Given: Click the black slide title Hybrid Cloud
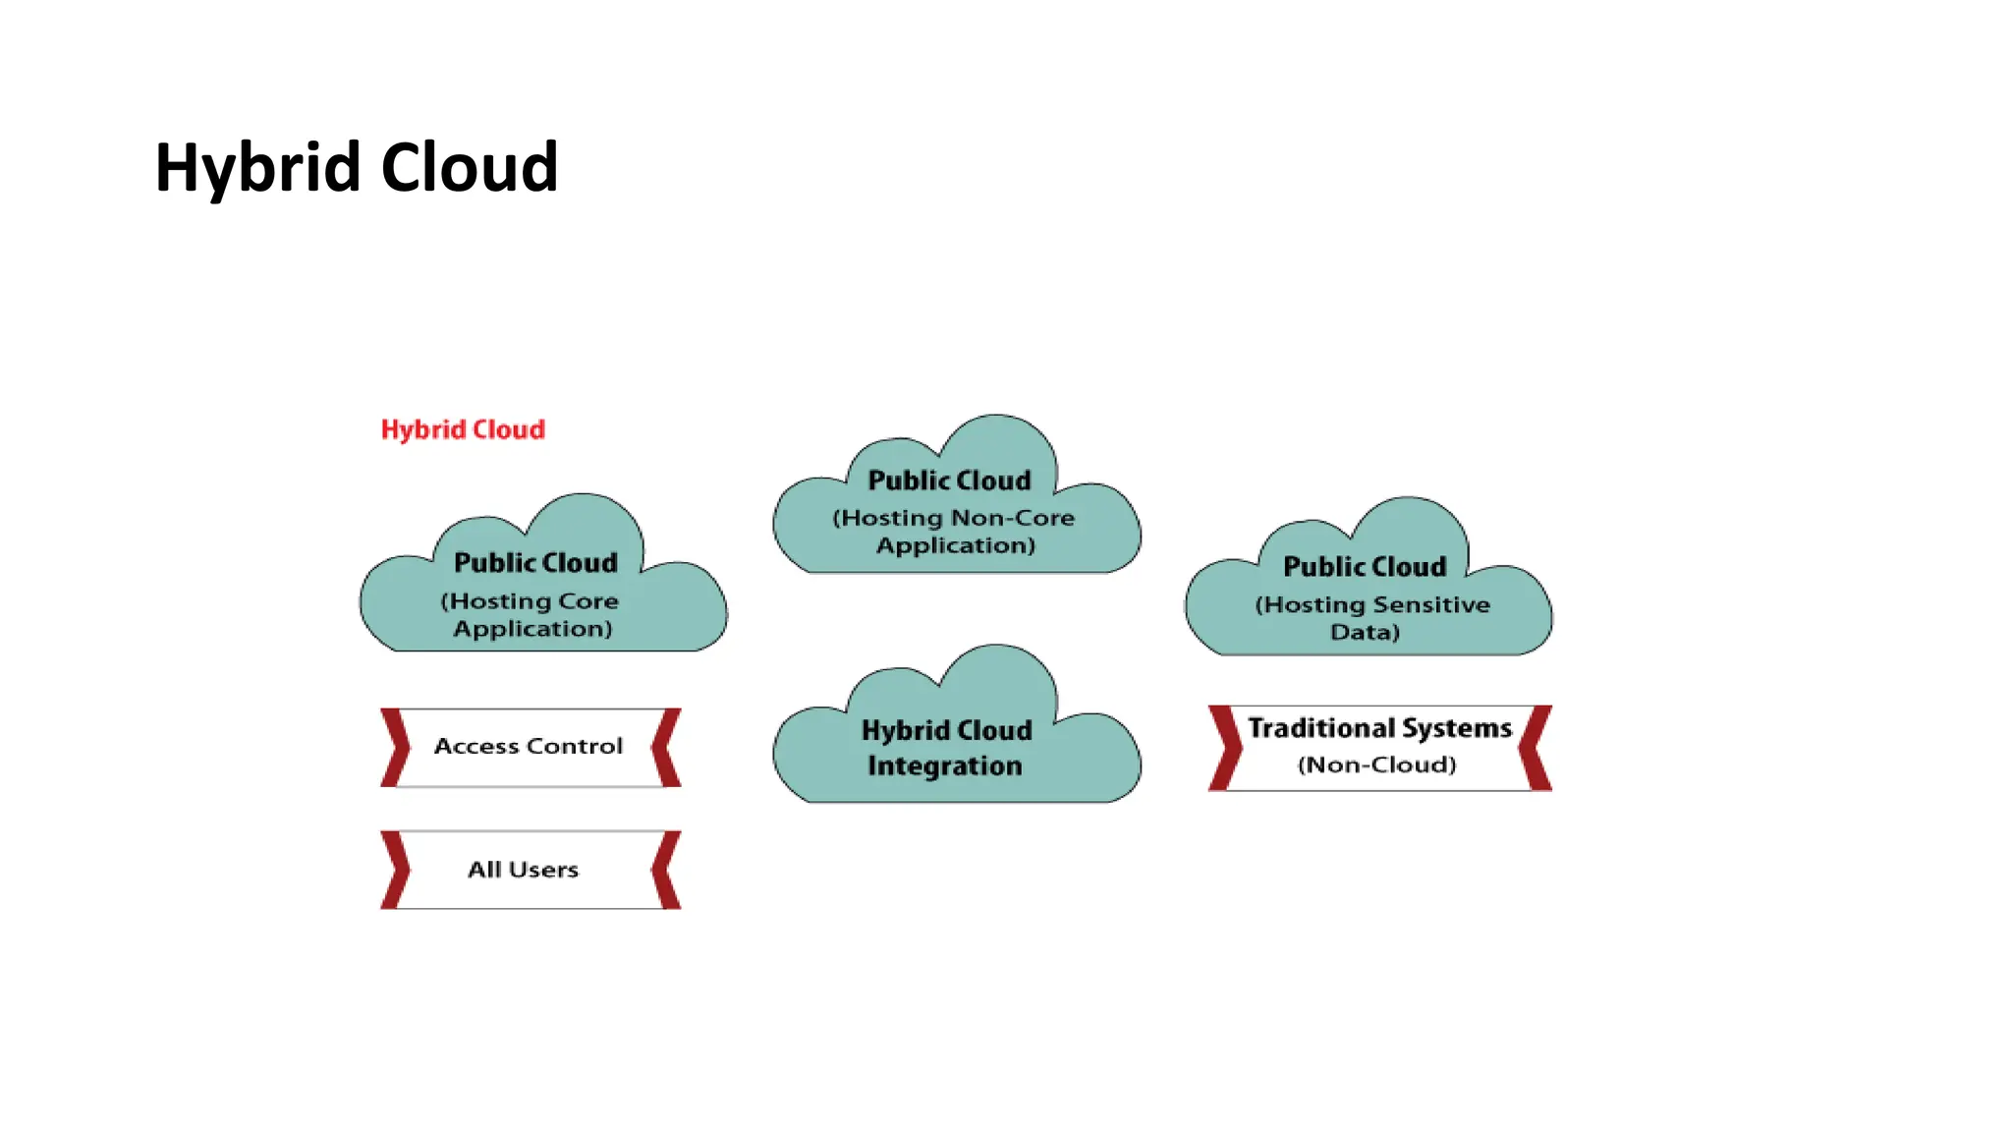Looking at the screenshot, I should (x=356, y=168).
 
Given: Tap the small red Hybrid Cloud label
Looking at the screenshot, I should (x=463, y=429).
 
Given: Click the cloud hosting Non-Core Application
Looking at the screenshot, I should (x=955, y=511).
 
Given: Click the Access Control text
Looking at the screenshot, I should (x=528, y=747).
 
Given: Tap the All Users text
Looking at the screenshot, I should (x=523, y=870).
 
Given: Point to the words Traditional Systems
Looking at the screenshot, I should (x=1379, y=728).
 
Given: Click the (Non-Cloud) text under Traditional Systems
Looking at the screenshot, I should (x=1376, y=764).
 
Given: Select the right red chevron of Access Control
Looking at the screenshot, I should (x=666, y=748).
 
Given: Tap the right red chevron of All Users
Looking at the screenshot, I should (x=666, y=870).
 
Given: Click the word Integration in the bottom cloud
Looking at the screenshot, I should (x=944, y=765).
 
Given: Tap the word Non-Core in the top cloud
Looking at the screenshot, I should (x=1012, y=518).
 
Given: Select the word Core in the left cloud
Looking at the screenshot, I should (x=587, y=601).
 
